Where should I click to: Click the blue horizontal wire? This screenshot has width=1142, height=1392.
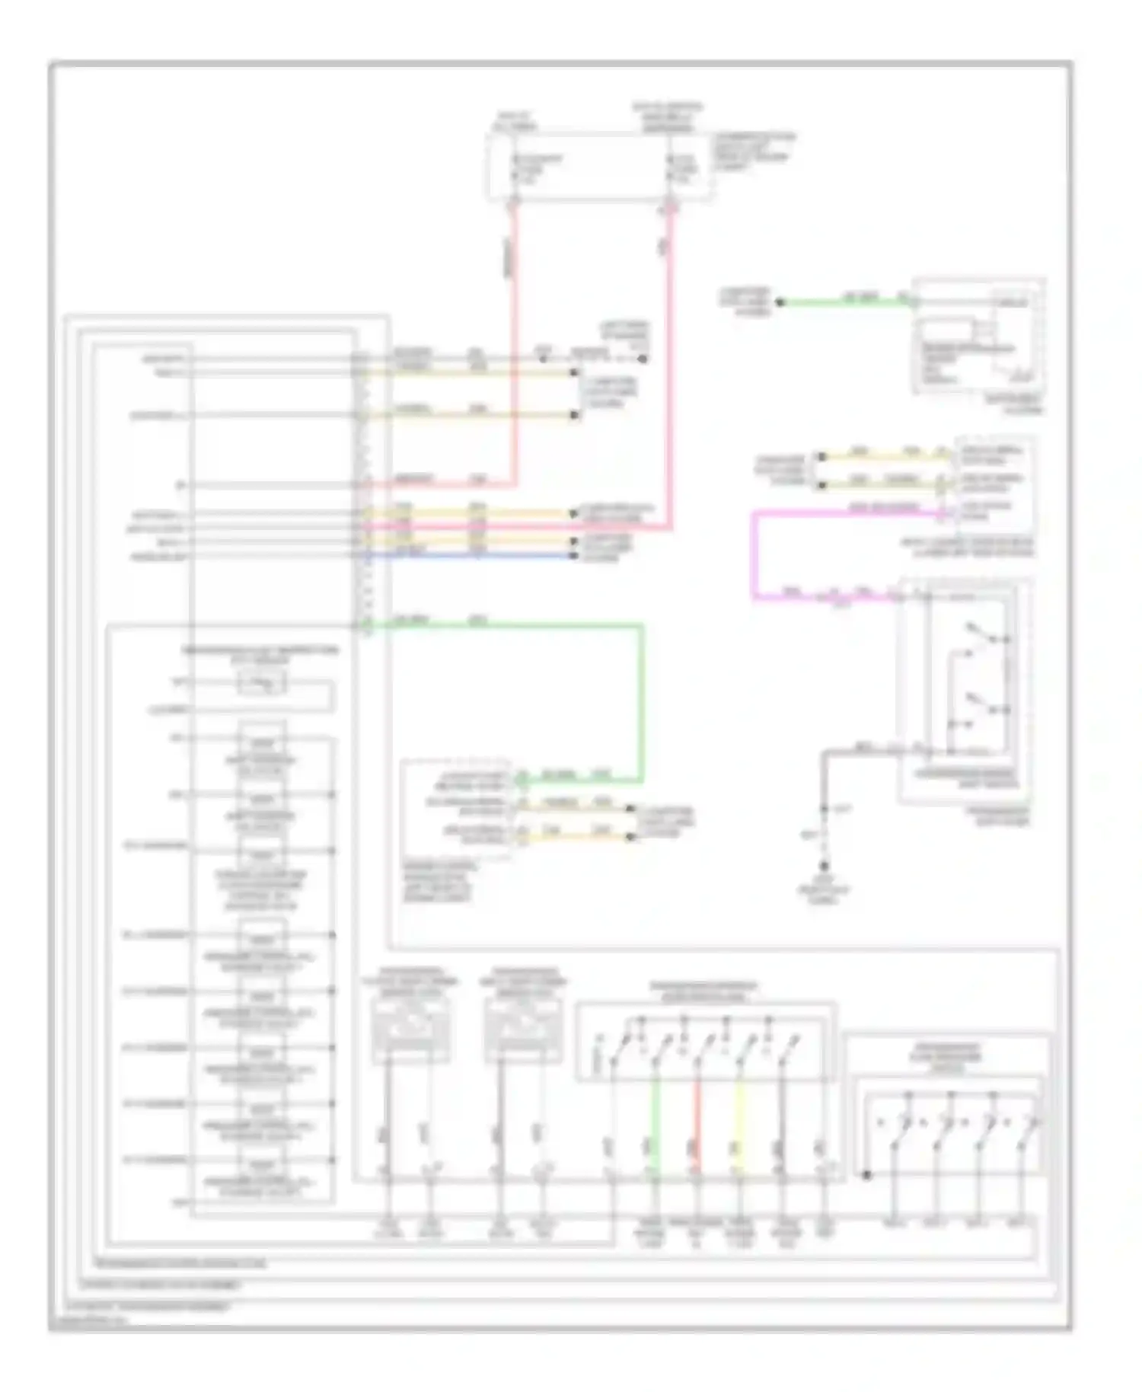(x=472, y=556)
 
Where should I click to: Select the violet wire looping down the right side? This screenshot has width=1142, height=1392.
(x=754, y=556)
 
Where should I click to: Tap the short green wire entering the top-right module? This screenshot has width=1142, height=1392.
(x=845, y=302)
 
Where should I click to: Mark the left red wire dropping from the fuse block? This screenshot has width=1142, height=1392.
(x=514, y=343)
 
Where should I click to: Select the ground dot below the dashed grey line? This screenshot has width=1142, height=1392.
(x=824, y=866)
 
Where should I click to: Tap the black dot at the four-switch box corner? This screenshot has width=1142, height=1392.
(x=866, y=1175)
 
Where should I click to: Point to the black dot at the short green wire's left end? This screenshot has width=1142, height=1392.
(x=780, y=302)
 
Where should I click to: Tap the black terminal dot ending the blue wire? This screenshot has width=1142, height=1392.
(x=576, y=556)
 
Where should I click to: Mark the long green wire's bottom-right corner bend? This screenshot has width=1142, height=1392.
(x=642, y=780)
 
